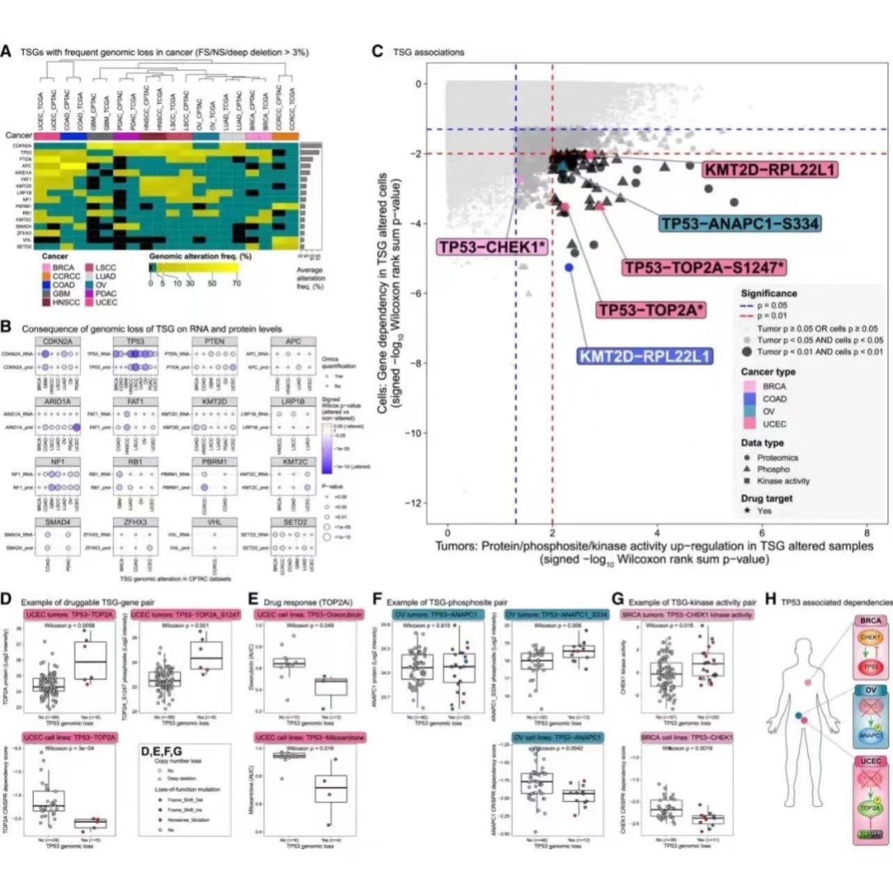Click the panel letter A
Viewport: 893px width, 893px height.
(x=6, y=52)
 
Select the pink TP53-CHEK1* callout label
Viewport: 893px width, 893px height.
(x=492, y=246)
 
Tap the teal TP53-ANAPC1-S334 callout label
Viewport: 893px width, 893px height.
(x=740, y=223)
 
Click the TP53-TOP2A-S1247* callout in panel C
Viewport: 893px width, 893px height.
(x=704, y=267)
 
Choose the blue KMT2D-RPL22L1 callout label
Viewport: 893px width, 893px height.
(x=645, y=356)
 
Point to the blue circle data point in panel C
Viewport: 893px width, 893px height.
(x=569, y=267)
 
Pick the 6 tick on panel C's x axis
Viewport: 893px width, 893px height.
(x=762, y=533)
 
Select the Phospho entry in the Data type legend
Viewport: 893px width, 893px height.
(x=773, y=469)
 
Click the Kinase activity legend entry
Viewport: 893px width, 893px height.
(x=782, y=481)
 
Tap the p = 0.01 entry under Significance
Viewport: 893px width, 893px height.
(x=772, y=316)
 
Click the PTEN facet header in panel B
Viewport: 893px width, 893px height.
(x=214, y=342)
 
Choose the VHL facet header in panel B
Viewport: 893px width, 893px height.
(x=214, y=522)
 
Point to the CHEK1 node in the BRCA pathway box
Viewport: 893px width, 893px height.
(x=870, y=637)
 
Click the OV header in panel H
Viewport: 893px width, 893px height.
(x=871, y=690)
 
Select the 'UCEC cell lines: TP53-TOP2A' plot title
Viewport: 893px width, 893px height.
(x=70, y=737)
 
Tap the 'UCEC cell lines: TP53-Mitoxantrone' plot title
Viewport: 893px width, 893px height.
(x=310, y=737)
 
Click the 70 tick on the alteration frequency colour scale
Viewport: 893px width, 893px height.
(x=237, y=283)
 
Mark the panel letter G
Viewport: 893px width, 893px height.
(x=617, y=600)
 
